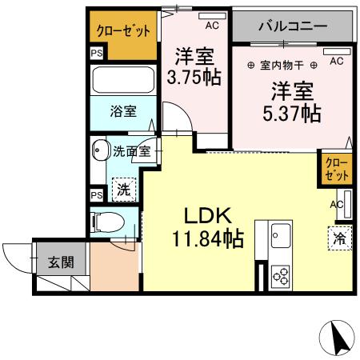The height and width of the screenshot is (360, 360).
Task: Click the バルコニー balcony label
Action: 292,26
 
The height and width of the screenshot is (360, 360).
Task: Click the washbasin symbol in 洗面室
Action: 101,151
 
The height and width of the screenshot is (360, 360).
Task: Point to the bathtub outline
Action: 123,80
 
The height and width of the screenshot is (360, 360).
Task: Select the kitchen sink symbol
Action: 282,237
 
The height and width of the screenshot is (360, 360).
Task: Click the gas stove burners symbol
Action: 282,275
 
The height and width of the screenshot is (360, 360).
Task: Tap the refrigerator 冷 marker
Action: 338,238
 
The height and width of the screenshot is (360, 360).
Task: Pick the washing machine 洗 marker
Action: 123,190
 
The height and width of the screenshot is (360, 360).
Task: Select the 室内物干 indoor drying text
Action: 280,64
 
